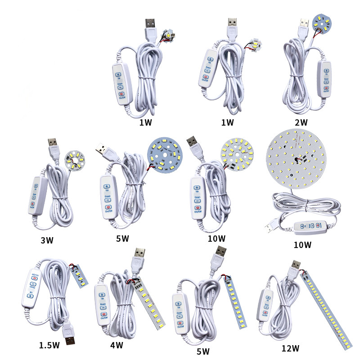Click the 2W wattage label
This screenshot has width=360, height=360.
[x=301, y=122]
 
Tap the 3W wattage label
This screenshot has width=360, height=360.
[x=46, y=240]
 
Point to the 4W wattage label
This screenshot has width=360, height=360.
[x=117, y=346]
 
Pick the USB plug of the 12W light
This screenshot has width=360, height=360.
[x=295, y=269]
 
